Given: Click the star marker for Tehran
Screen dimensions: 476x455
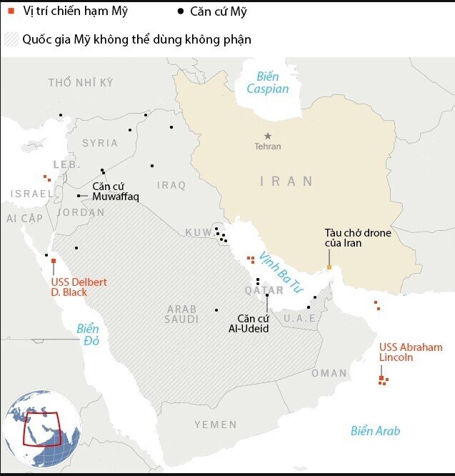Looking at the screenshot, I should pyautogui.click(x=268, y=136).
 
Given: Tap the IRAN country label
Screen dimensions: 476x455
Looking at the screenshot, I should pyautogui.click(x=286, y=182).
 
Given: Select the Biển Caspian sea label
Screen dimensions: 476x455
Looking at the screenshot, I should pyautogui.click(x=268, y=83).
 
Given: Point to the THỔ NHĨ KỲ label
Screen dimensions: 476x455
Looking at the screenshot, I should pyautogui.click(x=81, y=83).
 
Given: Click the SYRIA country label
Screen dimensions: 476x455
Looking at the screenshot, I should pyautogui.click(x=100, y=143).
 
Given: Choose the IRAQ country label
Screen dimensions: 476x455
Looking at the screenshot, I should pyautogui.click(x=171, y=185).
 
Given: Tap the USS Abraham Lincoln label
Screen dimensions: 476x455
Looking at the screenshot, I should pyautogui.click(x=411, y=352).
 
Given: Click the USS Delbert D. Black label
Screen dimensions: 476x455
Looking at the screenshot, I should pyautogui.click(x=79, y=287).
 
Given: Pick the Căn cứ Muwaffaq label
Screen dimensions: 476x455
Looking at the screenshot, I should pyautogui.click(x=115, y=191).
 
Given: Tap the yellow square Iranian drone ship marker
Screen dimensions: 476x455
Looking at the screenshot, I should pyautogui.click(x=329, y=267).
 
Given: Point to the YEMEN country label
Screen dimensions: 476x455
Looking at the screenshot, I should pyautogui.click(x=215, y=425).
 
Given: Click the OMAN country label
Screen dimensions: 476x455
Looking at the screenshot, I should pyautogui.click(x=329, y=373).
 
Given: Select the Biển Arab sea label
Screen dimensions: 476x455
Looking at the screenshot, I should pyautogui.click(x=375, y=431).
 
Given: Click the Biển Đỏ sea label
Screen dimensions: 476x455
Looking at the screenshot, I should pyautogui.click(x=88, y=334).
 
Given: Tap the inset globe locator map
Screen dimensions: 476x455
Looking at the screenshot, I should pyautogui.click(x=41, y=427).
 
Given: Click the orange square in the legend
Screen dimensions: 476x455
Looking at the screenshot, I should pyautogui.click(x=11, y=11).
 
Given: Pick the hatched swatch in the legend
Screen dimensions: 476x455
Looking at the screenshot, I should pyautogui.click(x=11, y=39).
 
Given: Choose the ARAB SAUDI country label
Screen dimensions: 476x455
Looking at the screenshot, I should pyautogui.click(x=182, y=314).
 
